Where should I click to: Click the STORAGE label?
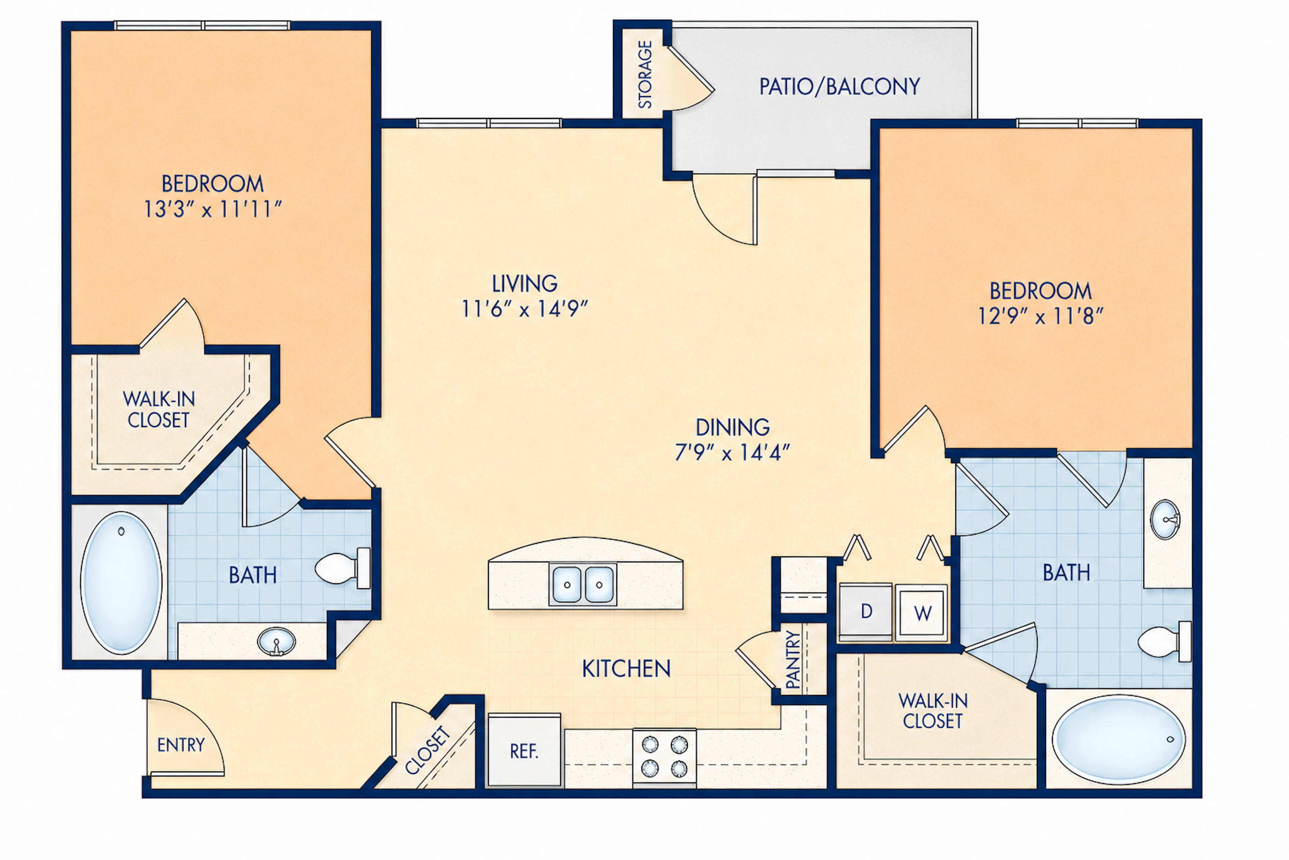[x=645, y=75]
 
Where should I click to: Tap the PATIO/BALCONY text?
[x=839, y=87]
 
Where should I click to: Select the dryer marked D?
[x=866, y=611]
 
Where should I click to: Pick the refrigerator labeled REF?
[x=524, y=750]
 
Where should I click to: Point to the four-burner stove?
[x=664, y=756]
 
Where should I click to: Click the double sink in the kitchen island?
[x=583, y=584]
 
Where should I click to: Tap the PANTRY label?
[x=793, y=659]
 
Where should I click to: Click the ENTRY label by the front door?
[x=181, y=745]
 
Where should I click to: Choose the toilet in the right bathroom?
[x=1164, y=641]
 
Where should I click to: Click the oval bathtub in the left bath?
[x=121, y=583]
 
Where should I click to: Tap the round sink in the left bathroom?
[x=277, y=641]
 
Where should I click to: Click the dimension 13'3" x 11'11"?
[x=212, y=209]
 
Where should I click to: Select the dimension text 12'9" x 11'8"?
[x=1041, y=316]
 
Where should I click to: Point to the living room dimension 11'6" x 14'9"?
[x=524, y=309]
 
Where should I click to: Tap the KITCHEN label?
[x=626, y=669]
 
